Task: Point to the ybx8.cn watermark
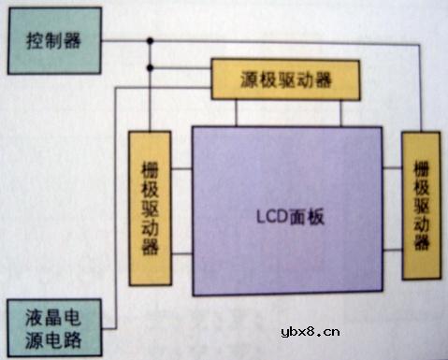tap(311, 332)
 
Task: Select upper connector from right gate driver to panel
tap(392, 169)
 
